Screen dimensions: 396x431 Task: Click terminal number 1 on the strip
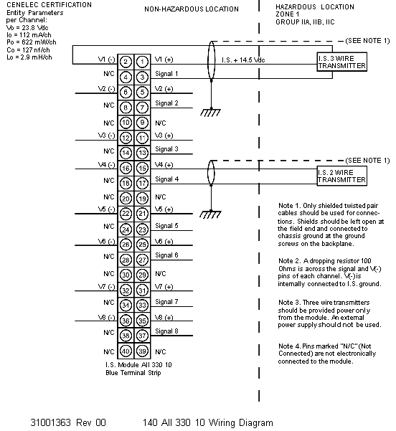pyautogui.click(x=142, y=62)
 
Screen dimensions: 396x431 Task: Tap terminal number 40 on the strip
pyautogui.click(x=126, y=351)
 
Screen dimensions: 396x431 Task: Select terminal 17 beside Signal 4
pyautogui.click(x=142, y=184)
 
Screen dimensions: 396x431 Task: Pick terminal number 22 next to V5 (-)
pyautogui.click(x=126, y=214)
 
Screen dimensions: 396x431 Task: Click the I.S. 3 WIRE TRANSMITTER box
pyautogui.click(x=341, y=62)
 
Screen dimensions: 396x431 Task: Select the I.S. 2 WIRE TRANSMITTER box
pyautogui.click(x=341, y=176)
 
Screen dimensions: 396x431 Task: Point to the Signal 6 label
pyautogui.click(x=166, y=255)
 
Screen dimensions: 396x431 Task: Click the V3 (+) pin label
pyautogui.click(x=164, y=136)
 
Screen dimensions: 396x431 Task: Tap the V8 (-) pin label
pyautogui.click(x=106, y=318)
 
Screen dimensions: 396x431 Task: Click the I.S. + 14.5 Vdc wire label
pyautogui.click(x=243, y=60)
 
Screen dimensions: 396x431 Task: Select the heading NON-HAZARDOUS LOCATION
pyautogui.click(x=192, y=9)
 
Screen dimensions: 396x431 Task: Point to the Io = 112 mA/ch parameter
pyautogui.click(x=29, y=35)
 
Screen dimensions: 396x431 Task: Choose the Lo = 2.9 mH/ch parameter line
pyautogui.click(x=29, y=57)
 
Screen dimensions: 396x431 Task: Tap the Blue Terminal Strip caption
pyautogui.click(x=133, y=373)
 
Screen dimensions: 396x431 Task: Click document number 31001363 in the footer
pyautogui.click(x=50, y=422)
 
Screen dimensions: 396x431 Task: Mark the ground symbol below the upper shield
pyautogui.click(x=210, y=112)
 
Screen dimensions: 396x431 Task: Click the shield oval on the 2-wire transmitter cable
pyautogui.click(x=211, y=173)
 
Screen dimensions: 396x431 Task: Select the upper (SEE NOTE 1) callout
pyautogui.click(x=368, y=41)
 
